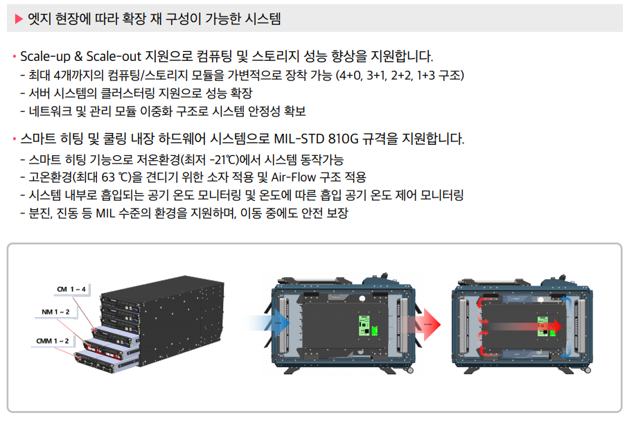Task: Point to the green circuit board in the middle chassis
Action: click(x=364, y=324)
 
